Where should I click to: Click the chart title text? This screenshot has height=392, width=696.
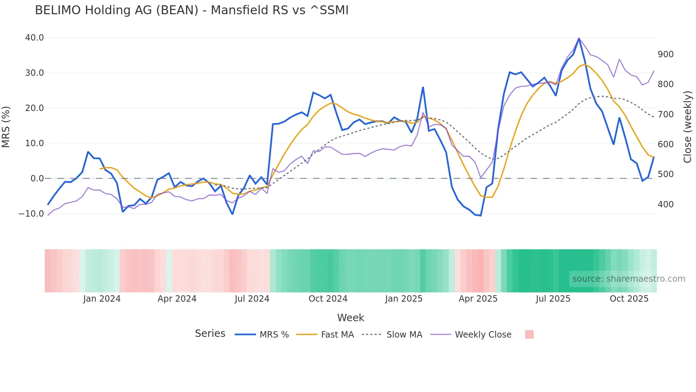pos(192,10)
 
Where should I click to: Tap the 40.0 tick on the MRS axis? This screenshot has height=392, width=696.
pos(34,38)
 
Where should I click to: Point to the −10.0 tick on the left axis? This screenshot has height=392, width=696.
pos(31,214)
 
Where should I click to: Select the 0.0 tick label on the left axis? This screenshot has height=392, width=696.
pos(37,179)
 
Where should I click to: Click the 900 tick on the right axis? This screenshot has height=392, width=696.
pos(666,54)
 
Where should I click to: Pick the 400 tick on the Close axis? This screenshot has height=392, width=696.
pos(666,205)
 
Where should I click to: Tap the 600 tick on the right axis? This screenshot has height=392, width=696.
pos(666,144)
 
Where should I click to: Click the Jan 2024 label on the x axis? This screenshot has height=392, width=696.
pos(102,299)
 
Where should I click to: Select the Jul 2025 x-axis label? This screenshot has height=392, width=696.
pos(553,299)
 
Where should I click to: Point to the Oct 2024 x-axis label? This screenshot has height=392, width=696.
pos(328,299)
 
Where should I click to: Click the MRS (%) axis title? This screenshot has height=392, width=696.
pos(6,127)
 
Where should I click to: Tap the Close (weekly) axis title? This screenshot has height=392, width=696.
pos(687,127)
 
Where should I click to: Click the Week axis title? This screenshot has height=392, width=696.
pos(350,318)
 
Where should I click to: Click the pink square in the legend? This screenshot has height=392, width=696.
pos(529,335)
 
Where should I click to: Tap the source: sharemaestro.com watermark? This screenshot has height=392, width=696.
pos(629,279)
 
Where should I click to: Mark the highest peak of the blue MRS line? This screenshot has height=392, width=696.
pos(579,39)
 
